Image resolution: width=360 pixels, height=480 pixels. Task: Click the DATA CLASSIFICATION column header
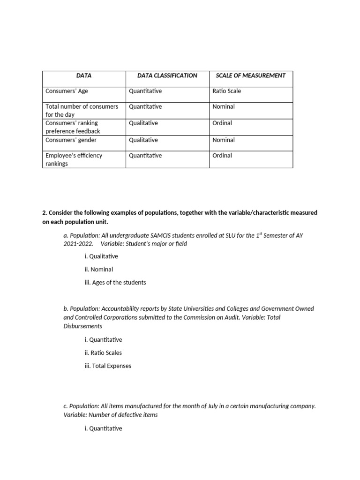pos(167,75)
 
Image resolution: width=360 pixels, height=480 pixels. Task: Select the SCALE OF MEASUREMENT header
pos(250,75)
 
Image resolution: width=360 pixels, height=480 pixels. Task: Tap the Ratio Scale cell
pos(226,91)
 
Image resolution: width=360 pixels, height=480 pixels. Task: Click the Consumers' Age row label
pos(67,91)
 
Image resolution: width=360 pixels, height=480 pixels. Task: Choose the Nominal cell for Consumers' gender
pos(224,140)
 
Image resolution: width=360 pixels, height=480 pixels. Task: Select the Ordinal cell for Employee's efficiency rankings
pos(222,155)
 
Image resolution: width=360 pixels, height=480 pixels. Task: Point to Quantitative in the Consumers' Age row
pos(145,91)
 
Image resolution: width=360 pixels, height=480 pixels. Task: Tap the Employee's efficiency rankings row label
pos(74,159)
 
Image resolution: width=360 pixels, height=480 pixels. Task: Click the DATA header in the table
pos(84,75)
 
